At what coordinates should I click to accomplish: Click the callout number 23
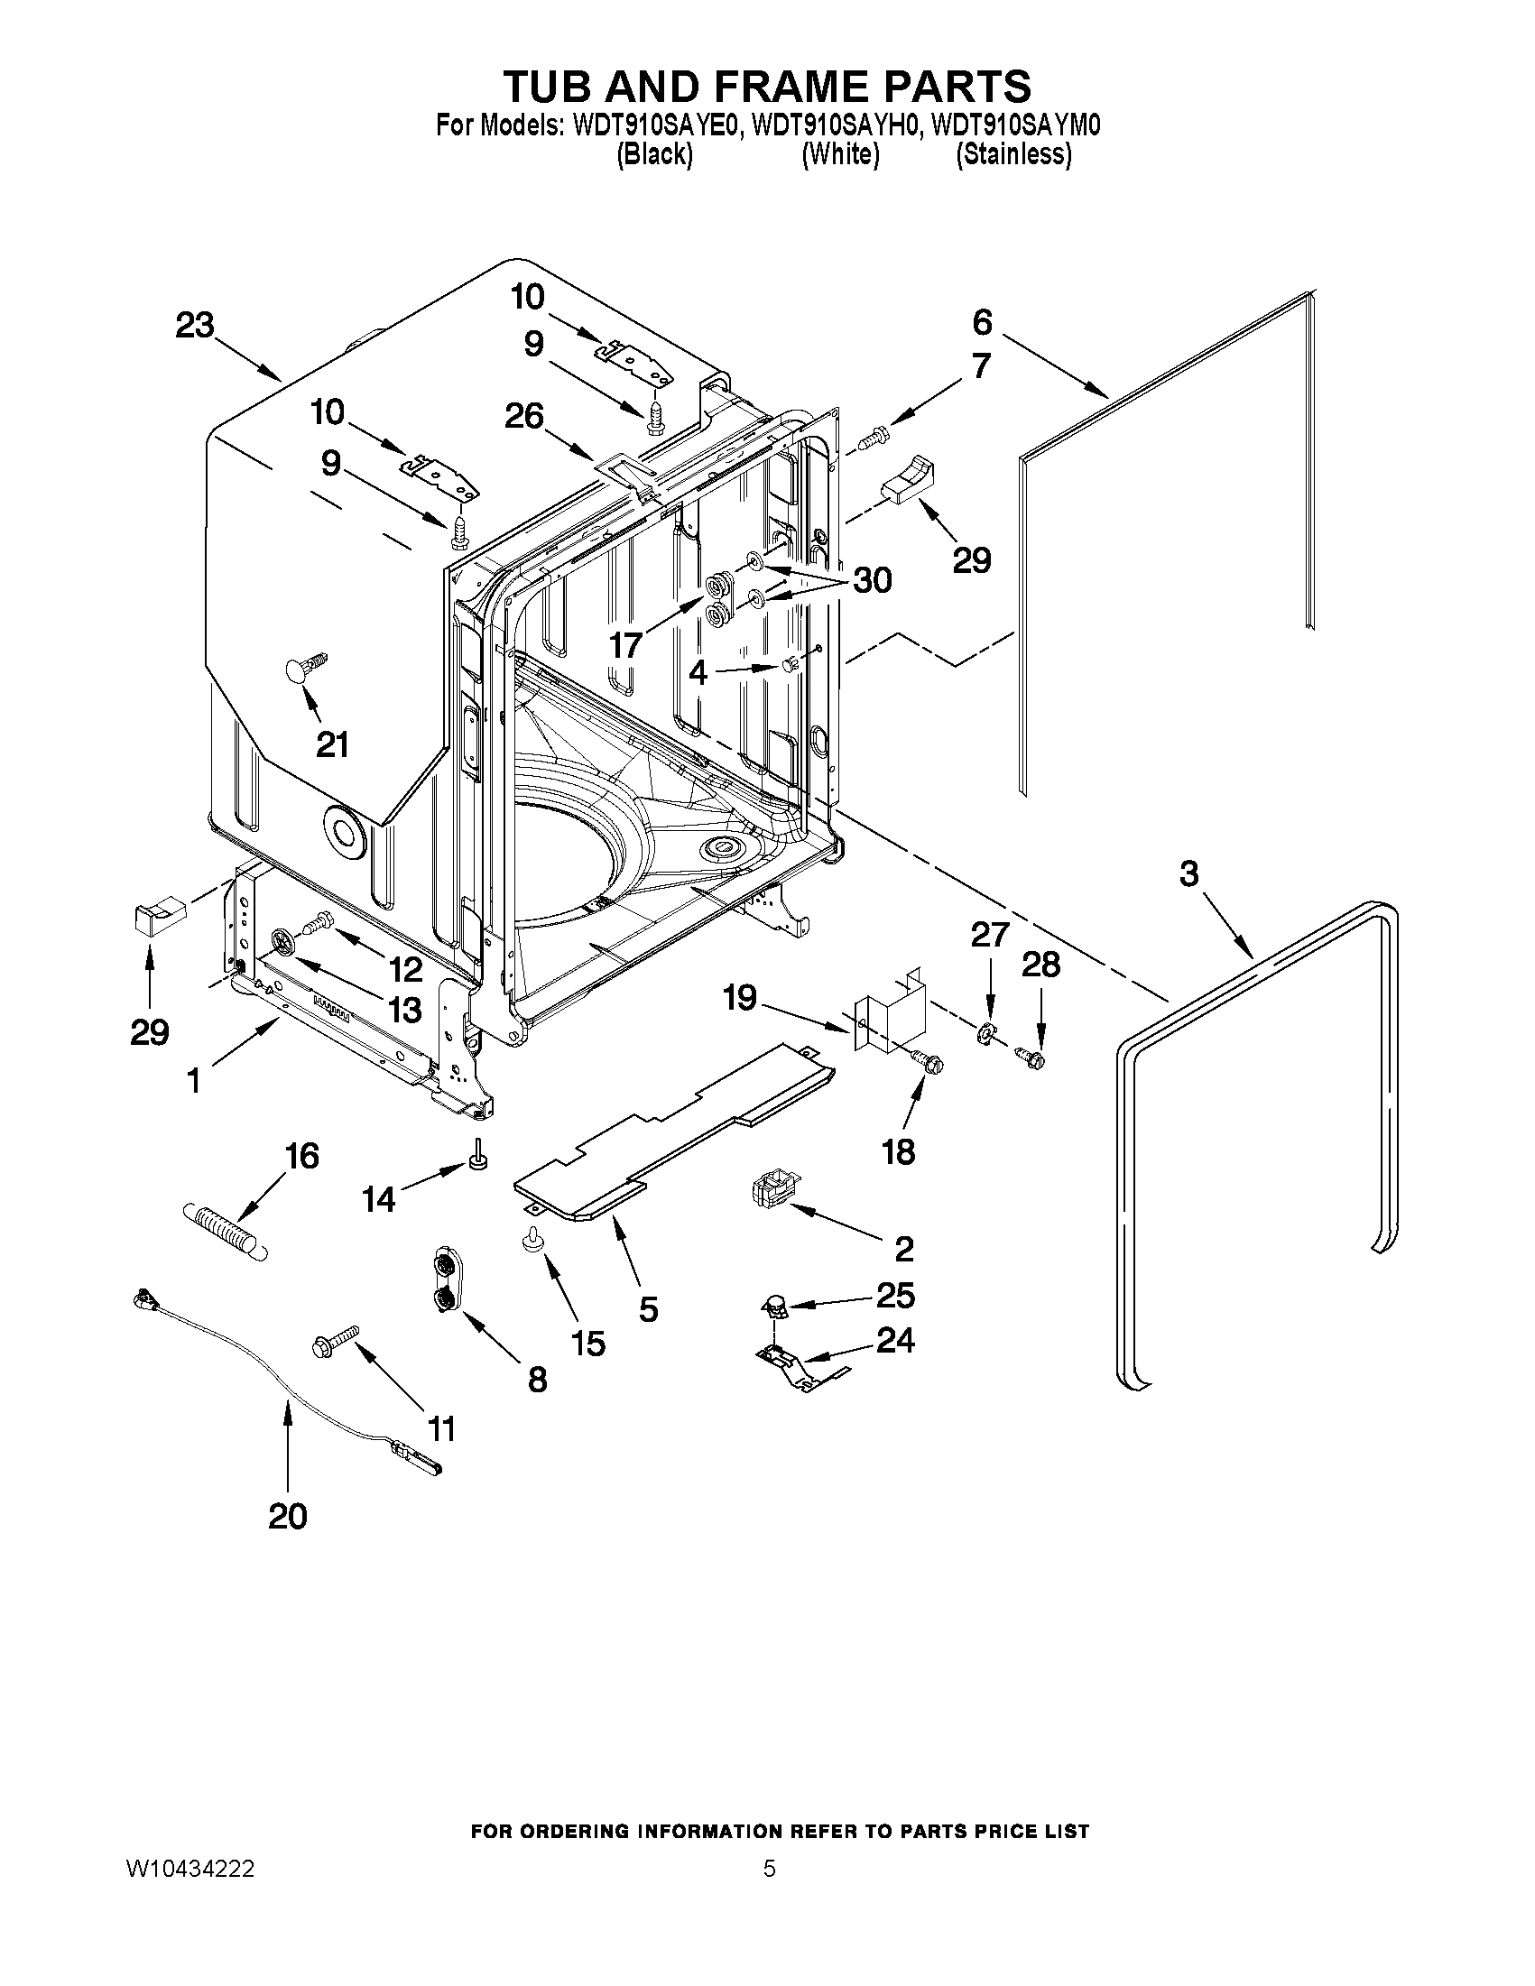tap(195, 326)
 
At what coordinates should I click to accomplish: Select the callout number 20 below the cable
tap(287, 1516)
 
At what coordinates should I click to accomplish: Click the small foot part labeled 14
tap(476, 1155)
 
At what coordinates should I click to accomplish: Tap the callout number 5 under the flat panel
tap(647, 1309)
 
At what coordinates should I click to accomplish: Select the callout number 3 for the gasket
tap(1189, 873)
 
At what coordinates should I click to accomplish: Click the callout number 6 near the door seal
tap(982, 322)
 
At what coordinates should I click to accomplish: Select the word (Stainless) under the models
tap(1013, 154)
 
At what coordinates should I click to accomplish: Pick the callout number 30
tap(871, 580)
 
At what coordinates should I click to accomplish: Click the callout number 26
tap(524, 417)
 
